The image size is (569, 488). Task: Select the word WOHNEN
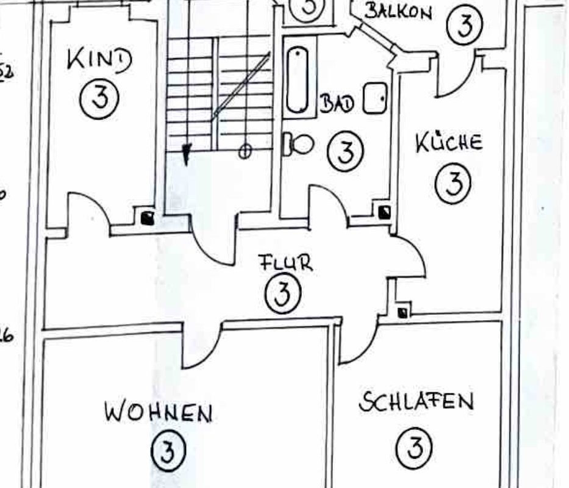click(x=158, y=413)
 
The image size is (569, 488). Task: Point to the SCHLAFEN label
click(x=416, y=402)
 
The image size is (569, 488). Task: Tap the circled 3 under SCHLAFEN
click(x=415, y=447)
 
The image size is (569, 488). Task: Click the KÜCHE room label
click(x=449, y=143)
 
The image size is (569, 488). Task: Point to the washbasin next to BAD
click(x=375, y=99)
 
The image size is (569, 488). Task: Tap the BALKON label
click(x=398, y=11)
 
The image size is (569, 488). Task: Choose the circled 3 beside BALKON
click(x=465, y=25)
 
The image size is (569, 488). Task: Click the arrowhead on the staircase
click(x=187, y=152)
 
